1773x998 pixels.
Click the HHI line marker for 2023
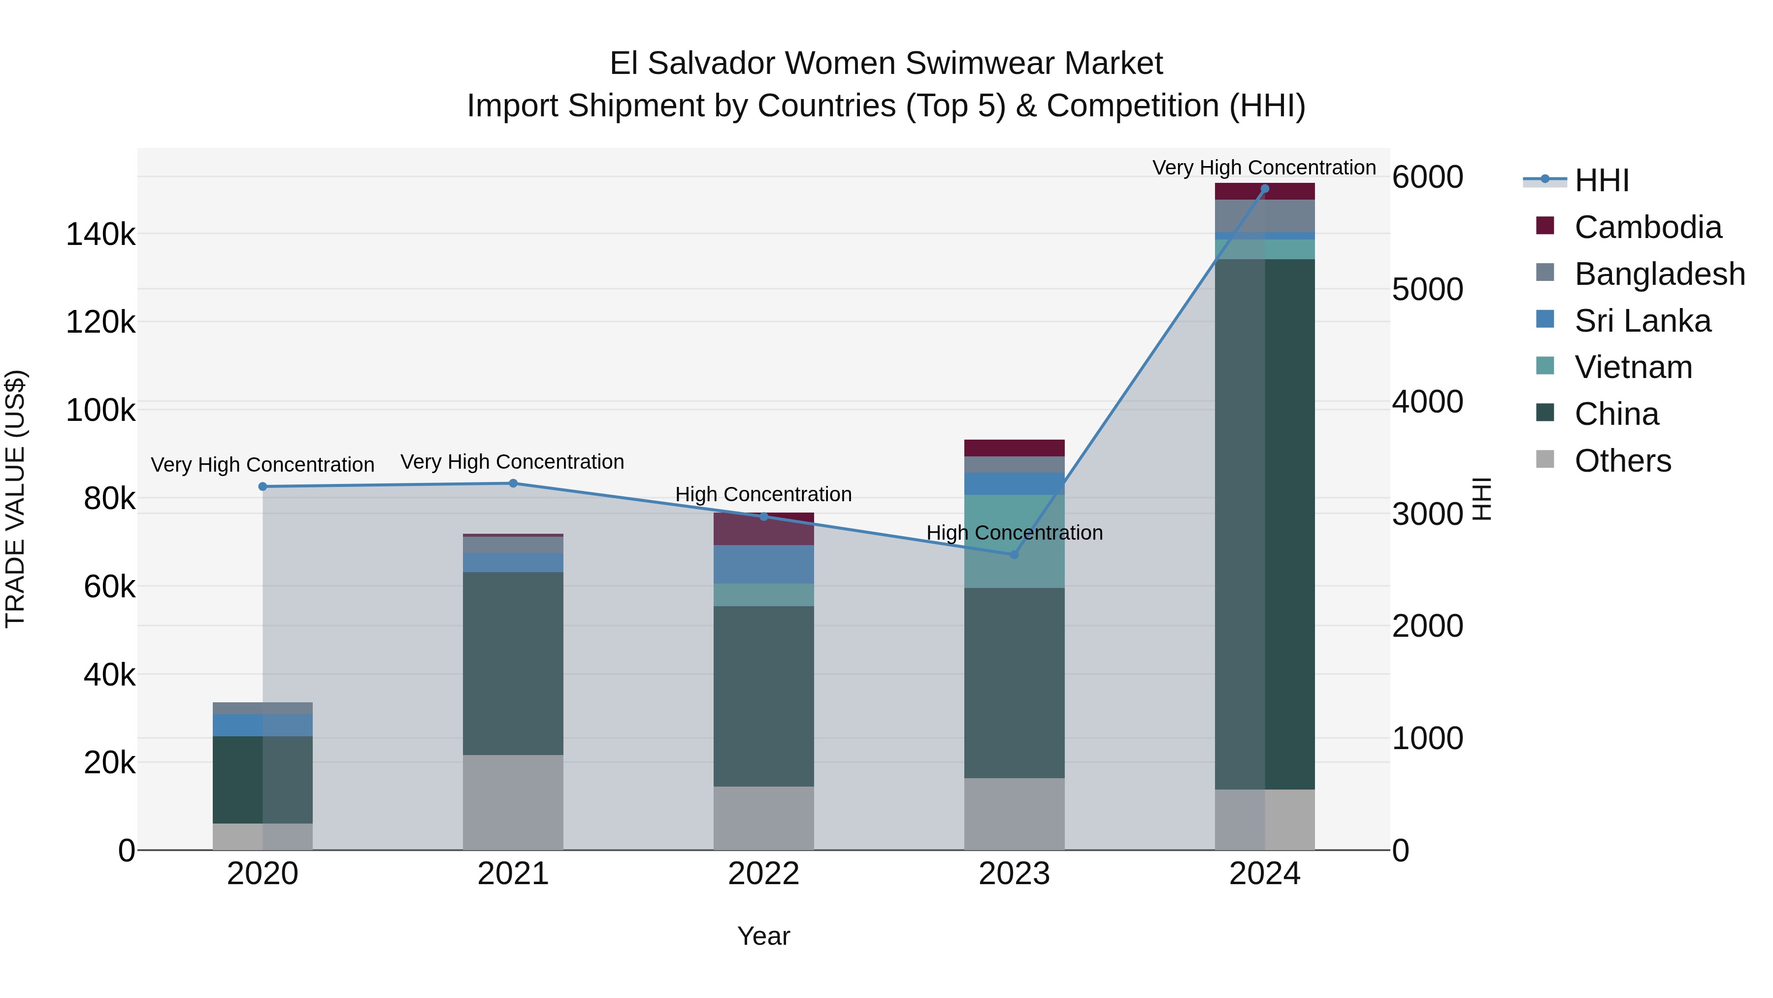[1014, 554]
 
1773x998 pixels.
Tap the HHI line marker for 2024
[1264, 189]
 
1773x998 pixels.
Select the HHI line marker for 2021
[513, 483]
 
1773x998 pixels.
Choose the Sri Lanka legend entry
[1642, 321]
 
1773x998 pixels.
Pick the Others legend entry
[1622, 461]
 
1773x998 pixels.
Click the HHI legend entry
[1601, 180]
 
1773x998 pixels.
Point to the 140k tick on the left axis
[100, 235]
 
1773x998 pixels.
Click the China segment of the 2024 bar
[1264, 523]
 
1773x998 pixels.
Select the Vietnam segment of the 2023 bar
[1014, 541]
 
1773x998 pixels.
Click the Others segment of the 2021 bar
[513, 802]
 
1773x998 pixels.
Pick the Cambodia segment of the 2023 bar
[1014, 447]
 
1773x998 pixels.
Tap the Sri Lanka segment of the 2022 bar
[763, 564]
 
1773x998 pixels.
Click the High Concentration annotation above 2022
[763, 494]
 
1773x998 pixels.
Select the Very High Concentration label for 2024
[1264, 168]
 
